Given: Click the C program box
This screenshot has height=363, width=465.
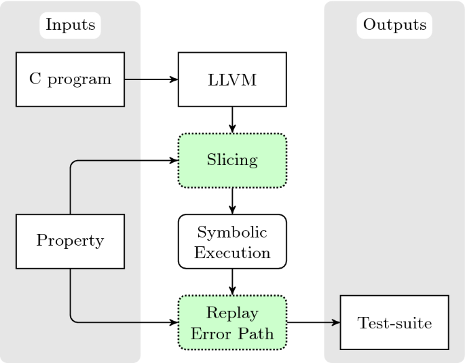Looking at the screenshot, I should click(x=71, y=79).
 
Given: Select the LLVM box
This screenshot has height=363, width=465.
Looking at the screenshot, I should click(x=233, y=79).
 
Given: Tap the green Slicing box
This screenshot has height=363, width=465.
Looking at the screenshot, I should click(x=233, y=161).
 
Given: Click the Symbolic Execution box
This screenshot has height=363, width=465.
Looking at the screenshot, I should click(x=233, y=242).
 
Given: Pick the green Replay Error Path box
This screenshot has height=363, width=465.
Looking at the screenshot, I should click(x=233, y=322).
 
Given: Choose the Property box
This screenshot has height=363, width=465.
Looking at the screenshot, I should click(x=71, y=241).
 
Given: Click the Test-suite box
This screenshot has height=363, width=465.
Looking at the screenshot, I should click(x=394, y=322).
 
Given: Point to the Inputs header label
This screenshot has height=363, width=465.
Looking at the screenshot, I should click(x=71, y=25).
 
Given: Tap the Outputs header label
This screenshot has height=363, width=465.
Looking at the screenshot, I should click(x=394, y=25).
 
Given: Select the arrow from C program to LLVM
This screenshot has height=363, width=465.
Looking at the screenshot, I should click(x=151, y=79).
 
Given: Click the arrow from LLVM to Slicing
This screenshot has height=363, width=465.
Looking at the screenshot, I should click(x=233, y=120).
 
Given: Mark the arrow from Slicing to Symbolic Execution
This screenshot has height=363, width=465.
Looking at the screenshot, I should click(x=233, y=201).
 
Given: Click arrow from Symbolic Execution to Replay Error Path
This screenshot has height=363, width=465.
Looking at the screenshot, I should click(x=233, y=282).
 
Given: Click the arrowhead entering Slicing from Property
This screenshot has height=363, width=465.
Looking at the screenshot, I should click(x=174, y=161).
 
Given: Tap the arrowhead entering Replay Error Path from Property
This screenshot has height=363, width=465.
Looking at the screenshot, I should click(x=174, y=322).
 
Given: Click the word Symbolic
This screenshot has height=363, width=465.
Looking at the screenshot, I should click(x=233, y=233).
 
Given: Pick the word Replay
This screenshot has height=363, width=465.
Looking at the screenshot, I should click(x=233, y=313).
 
